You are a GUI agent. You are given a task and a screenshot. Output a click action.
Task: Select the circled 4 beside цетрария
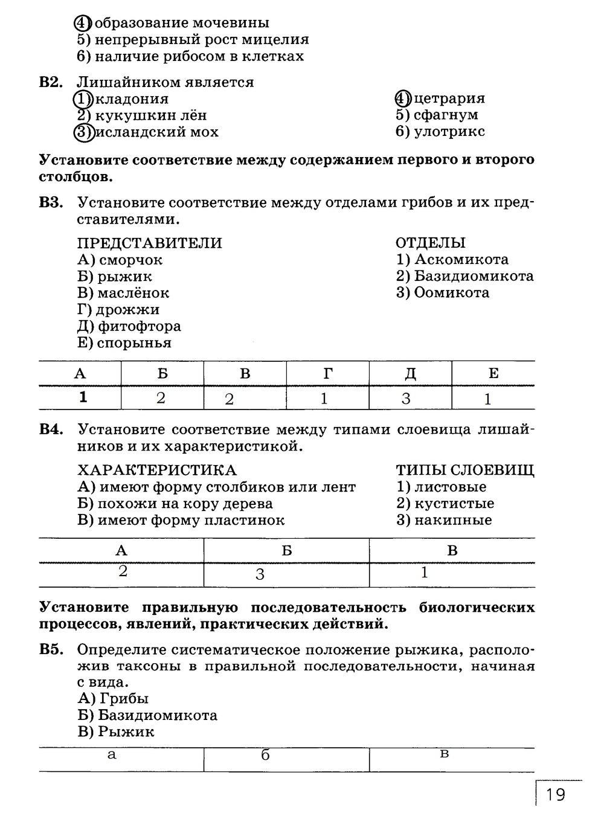[x=402, y=98]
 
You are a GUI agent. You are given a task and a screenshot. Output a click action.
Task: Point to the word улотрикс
[x=449, y=132]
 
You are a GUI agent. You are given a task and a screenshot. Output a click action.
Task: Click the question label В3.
[x=51, y=202]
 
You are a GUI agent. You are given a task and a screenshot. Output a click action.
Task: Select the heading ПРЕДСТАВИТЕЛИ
[x=150, y=243]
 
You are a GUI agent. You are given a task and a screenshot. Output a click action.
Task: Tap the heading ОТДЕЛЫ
[x=431, y=243]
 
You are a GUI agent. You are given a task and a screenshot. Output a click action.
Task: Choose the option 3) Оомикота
[x=443, y=293]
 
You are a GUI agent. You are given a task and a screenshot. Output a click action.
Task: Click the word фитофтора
[x=139, y=326]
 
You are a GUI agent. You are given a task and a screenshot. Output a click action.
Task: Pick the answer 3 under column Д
[x=406, y=398]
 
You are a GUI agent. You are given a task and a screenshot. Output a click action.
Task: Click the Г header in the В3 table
[x=327, y=373]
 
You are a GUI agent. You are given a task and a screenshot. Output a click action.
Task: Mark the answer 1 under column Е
[x=488, y=399]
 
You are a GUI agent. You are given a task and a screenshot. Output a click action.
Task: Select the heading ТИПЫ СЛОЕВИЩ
[x=465, y=471]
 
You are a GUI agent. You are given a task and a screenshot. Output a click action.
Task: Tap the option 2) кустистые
[x=445, y=504]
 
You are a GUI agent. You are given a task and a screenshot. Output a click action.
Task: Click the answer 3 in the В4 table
[x=260, y=574]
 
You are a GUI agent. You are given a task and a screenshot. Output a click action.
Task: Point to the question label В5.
[x=51, y=650]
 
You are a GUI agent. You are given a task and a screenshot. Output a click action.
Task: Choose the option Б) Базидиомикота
[x=147, y=715]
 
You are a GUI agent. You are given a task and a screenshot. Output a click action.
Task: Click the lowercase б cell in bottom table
[x=265, y=755]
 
